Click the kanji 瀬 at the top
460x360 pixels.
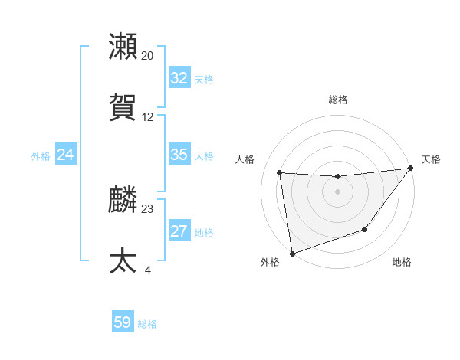(x=123, y=47)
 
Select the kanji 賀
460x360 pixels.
(x=123, y=108)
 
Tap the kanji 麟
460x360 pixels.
(x=123, y=199)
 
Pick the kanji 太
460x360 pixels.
(x=123, y=260)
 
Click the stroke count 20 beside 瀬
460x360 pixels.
(x=147, y=56)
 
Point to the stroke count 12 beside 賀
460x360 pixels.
(x=147, y=117)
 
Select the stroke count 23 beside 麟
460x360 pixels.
(x=147, y=208)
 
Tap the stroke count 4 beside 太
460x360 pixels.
(x=147, y=270)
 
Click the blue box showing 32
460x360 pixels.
(x=179, y=78)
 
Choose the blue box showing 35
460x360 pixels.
(x=179, y=155)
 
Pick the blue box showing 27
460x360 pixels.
(x=179, y=231)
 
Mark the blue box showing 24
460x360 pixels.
(x=65, y=155)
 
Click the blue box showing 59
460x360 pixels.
(x=122, y=322)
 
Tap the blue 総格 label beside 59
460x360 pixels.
(x=147, y=324)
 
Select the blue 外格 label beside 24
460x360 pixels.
(x=41, y=156)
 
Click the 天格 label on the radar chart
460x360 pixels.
(x=431, y=159)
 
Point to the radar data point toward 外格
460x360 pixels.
(x=291, y=253)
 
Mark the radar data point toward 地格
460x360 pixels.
(x=365, y=229)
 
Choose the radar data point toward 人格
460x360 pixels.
(x=280, y=172)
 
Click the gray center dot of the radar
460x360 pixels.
(x=337, y=191)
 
